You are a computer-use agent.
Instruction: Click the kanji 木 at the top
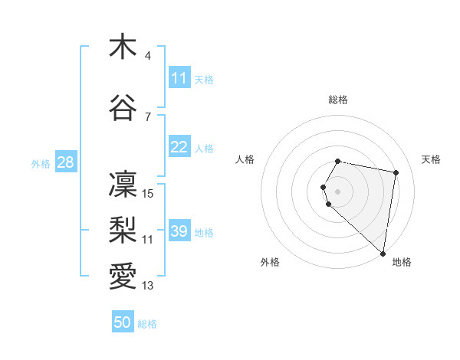[122, 47]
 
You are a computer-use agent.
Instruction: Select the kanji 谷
[122, 109]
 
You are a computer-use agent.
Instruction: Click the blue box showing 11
[179, 78]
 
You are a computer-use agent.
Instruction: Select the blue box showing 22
[179, 147]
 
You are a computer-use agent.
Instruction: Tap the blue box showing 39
[179, 231]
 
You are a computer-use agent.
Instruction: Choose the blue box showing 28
[65, 162]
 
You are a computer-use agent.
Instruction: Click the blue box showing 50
[123, 322]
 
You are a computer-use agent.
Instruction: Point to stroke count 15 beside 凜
[149, 194]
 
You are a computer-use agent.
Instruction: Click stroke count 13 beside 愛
[149, 286]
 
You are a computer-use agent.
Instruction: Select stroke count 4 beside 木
[148, 56]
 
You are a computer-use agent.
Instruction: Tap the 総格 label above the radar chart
[338, 100]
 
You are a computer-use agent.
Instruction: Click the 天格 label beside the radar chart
[432, 159]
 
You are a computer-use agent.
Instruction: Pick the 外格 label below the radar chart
[270, 262]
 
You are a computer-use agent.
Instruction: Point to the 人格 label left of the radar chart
[245, 159]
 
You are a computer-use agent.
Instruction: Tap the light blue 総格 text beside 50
[147, 324]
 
